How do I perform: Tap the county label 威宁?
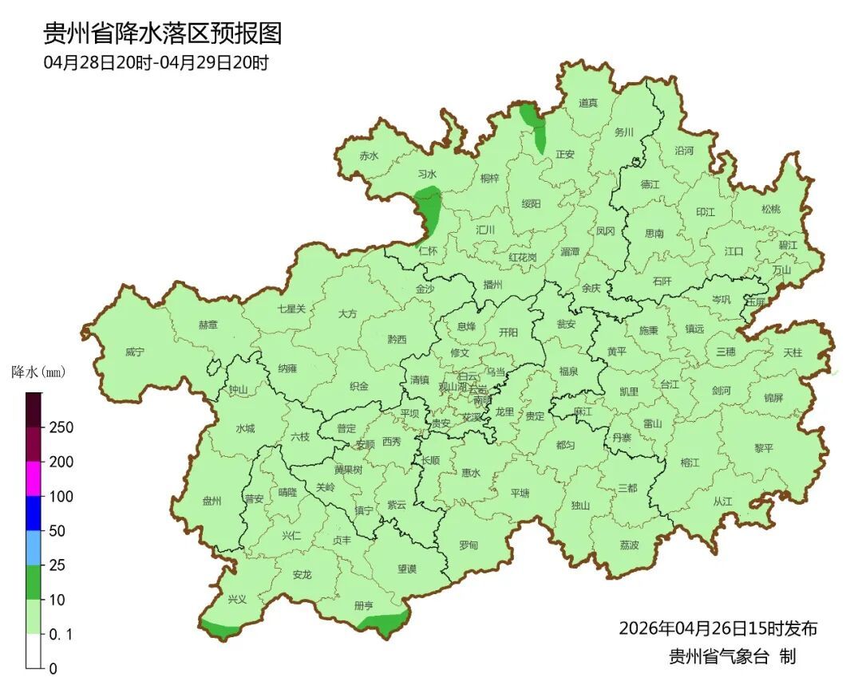click(135, 352)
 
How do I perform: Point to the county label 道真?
click(587, 103)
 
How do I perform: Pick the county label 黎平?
click(764, 448)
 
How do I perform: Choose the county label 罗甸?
click(469, 545)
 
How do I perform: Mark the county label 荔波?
click(629, 545)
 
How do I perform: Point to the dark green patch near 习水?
click(429, 206)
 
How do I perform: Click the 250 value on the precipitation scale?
click(61, 427)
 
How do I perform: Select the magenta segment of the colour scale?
click(33, 478)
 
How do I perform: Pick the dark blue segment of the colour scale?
click(33, 513)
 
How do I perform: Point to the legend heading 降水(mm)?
click(38, 372)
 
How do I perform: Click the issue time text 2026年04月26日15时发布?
click(718, 628)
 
